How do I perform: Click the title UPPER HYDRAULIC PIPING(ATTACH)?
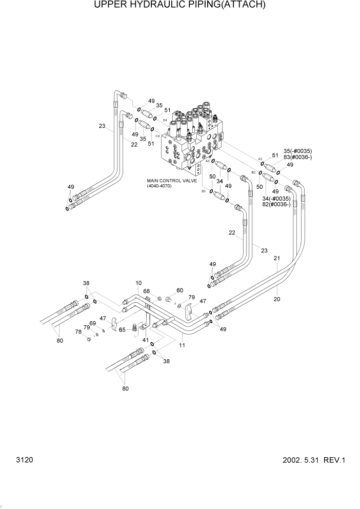(179, 6)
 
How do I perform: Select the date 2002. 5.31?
(301, 460)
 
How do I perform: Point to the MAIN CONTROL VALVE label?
(167, 181)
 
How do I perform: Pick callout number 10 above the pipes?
(138, 283)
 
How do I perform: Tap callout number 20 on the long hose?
(277, 299)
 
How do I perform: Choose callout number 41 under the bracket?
(145, 340)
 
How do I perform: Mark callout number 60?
(179, 290)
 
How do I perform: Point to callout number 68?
(146, 291)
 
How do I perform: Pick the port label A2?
(260, 159)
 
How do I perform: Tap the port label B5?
(204, 191)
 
